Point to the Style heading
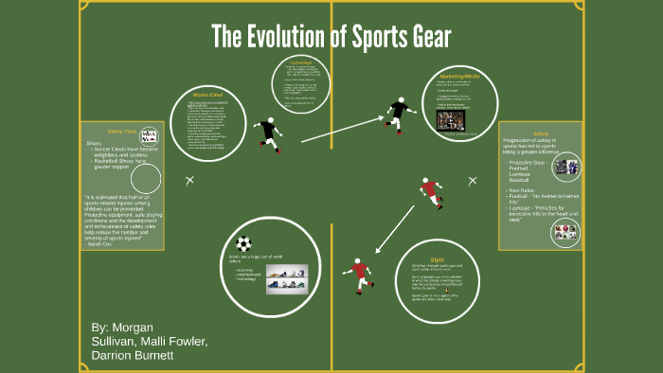tap(437, 258)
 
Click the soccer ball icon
tap(244, 243)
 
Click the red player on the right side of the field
tap(430, 192)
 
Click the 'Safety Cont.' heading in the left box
tap(122, 132)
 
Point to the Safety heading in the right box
tap(541, 133)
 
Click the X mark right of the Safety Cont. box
tap(190, 179)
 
